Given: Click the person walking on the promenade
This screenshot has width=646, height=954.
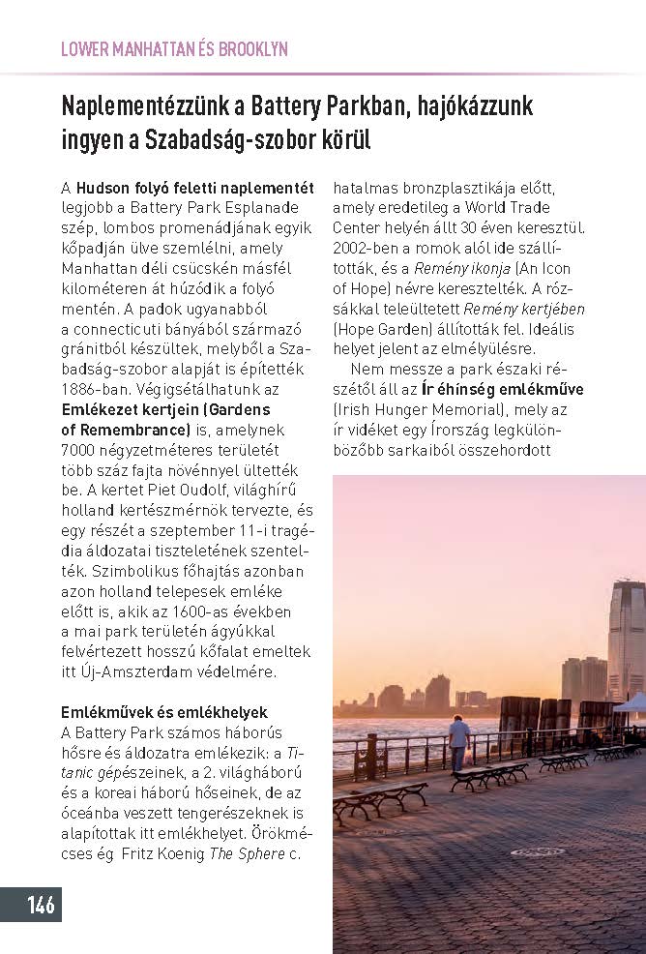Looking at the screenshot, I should pos(459,739).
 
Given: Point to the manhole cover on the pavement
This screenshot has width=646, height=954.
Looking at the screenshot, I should pos(538,851).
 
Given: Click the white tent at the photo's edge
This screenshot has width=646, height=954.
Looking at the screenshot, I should pos(631,704).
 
